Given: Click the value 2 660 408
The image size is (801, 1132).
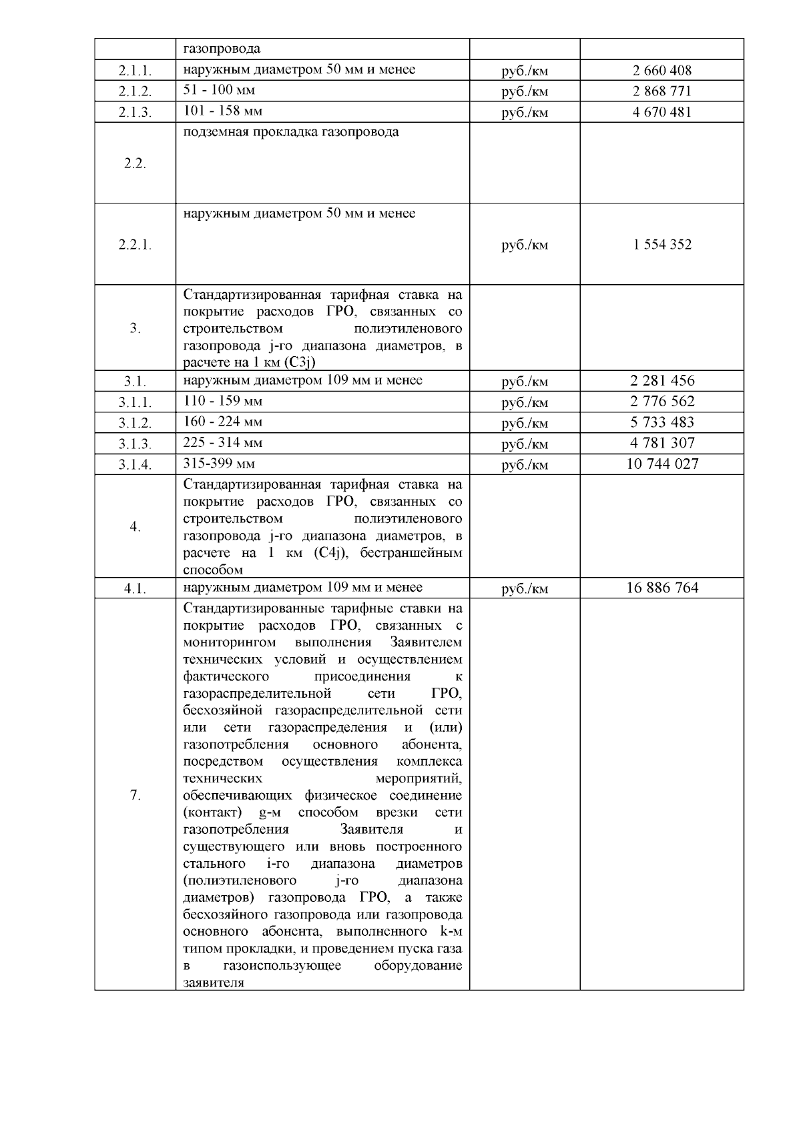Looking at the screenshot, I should (661, 70).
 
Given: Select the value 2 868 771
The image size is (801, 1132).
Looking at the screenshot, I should (661, 91).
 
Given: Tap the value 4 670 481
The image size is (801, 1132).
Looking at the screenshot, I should (661, 111).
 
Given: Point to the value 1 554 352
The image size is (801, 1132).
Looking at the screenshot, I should (661, 244).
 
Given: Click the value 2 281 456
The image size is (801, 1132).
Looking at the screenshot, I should (661, 381).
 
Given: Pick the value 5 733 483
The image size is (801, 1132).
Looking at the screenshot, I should (661, 422).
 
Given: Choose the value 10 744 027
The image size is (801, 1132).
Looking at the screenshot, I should (661, 464).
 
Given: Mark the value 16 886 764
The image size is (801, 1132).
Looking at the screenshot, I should (661, 588).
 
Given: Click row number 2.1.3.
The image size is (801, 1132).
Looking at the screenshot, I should (135, 113).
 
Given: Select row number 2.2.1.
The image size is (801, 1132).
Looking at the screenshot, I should (135, 245).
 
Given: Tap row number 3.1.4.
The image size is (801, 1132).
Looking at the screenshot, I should (135, 465).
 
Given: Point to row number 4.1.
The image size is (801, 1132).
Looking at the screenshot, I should (135, 589).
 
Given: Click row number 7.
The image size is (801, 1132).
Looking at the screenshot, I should (135, 795).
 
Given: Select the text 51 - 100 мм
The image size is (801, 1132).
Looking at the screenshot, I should (219, 90).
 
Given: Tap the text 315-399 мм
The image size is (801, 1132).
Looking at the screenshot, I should (219, 464).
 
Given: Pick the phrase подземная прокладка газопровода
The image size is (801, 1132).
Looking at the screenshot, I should (291, 132).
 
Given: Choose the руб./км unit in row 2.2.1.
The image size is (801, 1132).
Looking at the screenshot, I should (525, 245).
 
